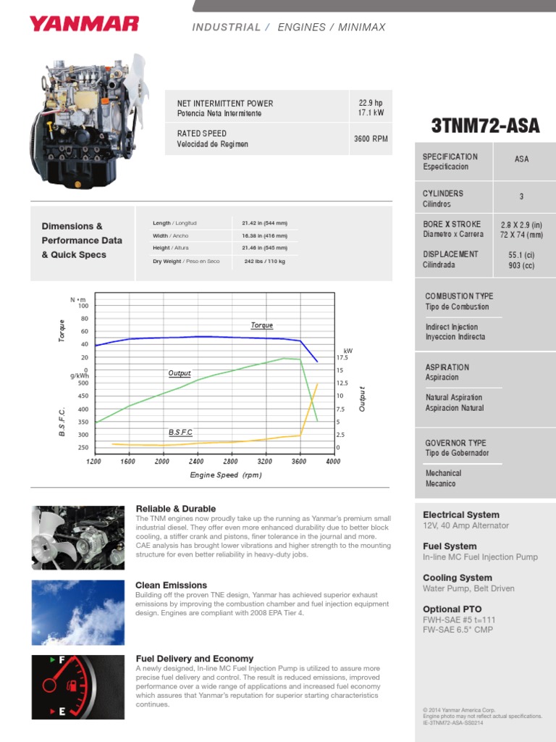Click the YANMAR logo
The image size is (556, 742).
click(x=83, y=25)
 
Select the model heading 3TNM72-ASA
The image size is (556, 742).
click(x=485, y=126)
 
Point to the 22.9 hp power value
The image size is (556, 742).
click(x=371, y=103)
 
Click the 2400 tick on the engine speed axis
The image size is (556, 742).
click(x=196, y=462)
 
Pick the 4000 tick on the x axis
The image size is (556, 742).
click(x=333, y=462)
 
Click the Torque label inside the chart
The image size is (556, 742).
click(x=262, y=325)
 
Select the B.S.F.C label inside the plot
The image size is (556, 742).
click(x=181, y=433)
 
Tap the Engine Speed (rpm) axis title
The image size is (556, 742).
click(x=225, y=475)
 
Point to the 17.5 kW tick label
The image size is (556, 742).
click(x=342, y=358)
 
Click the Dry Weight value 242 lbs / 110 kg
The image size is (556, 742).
click(x=265, y=261)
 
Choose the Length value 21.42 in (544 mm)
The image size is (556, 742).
click(x=264, y=223)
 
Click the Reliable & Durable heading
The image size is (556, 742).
click(x=176, y=509)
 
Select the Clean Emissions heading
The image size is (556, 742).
click(x=172, y=585)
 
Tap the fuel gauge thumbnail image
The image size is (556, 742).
click(x=78, y=686)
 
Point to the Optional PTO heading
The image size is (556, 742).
click(x=452, y=609)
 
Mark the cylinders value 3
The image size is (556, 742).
click(x=521, y=197)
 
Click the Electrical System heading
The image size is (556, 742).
click(x=461, y=514)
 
